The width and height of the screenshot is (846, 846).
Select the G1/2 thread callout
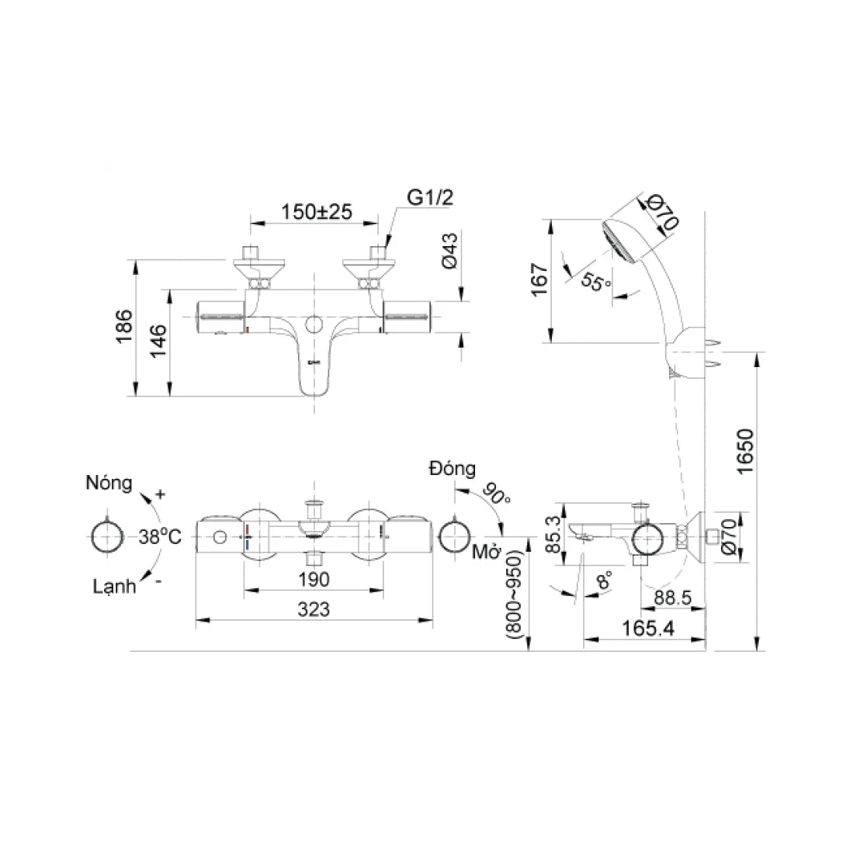[430, 199]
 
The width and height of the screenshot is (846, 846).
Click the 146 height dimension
[158, 342]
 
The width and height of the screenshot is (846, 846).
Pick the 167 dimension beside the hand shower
[540, 279]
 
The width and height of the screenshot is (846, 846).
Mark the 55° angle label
[597, 282]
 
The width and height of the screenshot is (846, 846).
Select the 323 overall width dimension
[313, 610]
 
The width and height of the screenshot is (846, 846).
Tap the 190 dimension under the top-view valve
[313, 579]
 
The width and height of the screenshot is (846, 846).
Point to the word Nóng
[108, 484]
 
